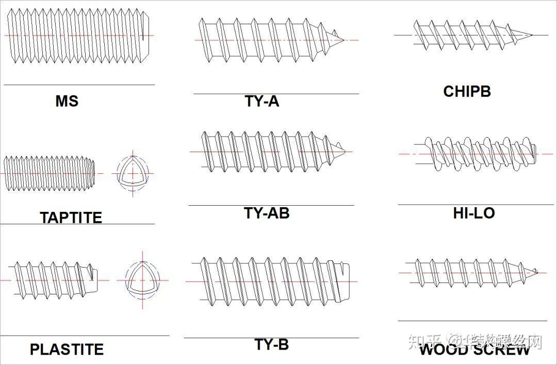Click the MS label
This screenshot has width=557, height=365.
point(67,101)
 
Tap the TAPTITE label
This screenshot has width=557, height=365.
point(71,217)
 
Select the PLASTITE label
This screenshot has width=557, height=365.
point(67,349)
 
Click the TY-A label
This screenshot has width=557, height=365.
point(262,101)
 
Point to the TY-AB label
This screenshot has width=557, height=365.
point(267,212)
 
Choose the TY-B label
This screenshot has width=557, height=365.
point(271,344)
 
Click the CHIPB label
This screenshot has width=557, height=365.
point(467,91)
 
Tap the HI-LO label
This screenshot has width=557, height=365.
point(474,212)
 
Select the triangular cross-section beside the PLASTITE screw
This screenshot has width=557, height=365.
point(142,280)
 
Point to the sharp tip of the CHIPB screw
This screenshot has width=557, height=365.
point(531,35)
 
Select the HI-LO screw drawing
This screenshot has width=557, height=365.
point(474,154)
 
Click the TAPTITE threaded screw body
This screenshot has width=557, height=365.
point(50,173)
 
